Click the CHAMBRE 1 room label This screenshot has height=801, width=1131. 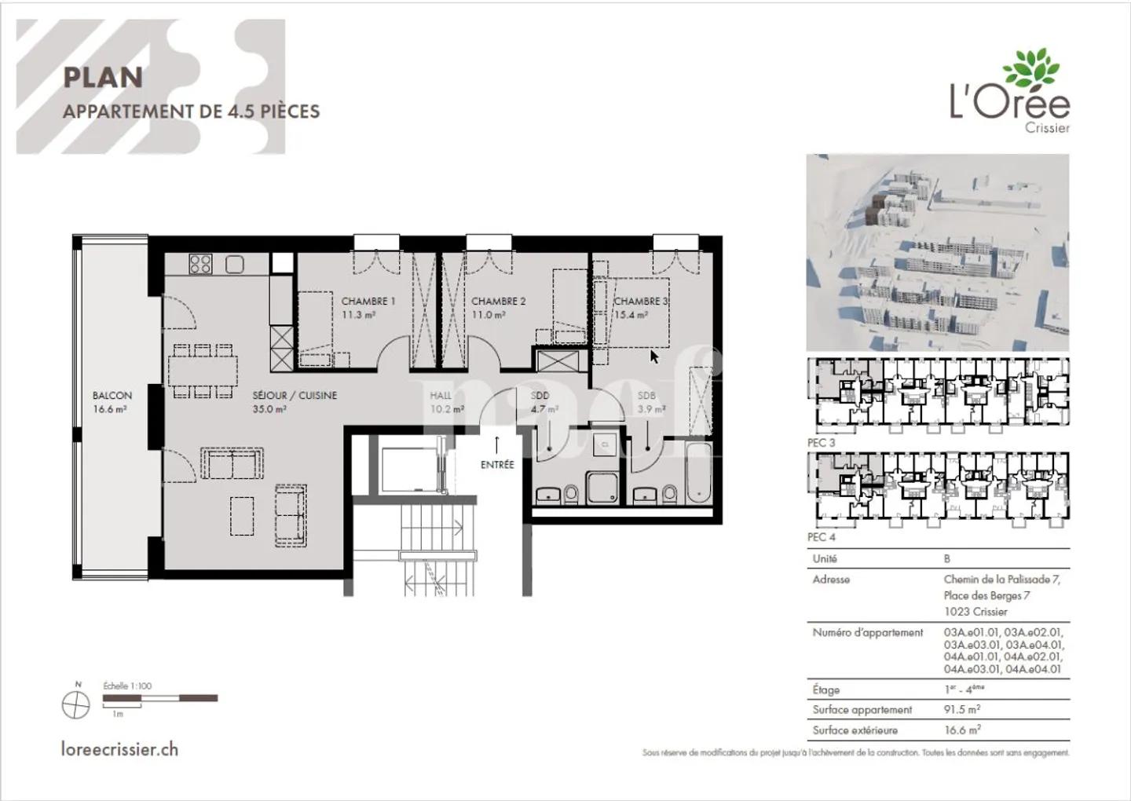368,301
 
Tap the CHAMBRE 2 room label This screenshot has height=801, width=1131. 498,301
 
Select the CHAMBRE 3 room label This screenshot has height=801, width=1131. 640,301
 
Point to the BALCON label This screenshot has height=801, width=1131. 112,396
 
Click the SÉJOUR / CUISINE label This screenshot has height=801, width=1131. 295,396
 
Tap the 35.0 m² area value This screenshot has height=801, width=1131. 269,409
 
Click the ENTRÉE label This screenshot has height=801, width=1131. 497,465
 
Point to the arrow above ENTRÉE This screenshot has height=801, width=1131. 497,444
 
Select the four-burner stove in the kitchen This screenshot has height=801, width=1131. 200,264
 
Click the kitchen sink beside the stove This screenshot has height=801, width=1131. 235,264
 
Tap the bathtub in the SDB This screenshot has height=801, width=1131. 698,474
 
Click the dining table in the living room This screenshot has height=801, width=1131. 203,371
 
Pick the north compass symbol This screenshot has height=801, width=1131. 76,705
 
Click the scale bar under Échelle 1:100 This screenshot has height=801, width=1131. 160,698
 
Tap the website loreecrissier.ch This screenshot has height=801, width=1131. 119,749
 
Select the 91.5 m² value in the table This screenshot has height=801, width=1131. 961,709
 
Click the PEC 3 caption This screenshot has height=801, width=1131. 822,443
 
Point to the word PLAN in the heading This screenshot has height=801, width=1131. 103,78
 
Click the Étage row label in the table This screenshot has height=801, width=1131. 826,689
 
